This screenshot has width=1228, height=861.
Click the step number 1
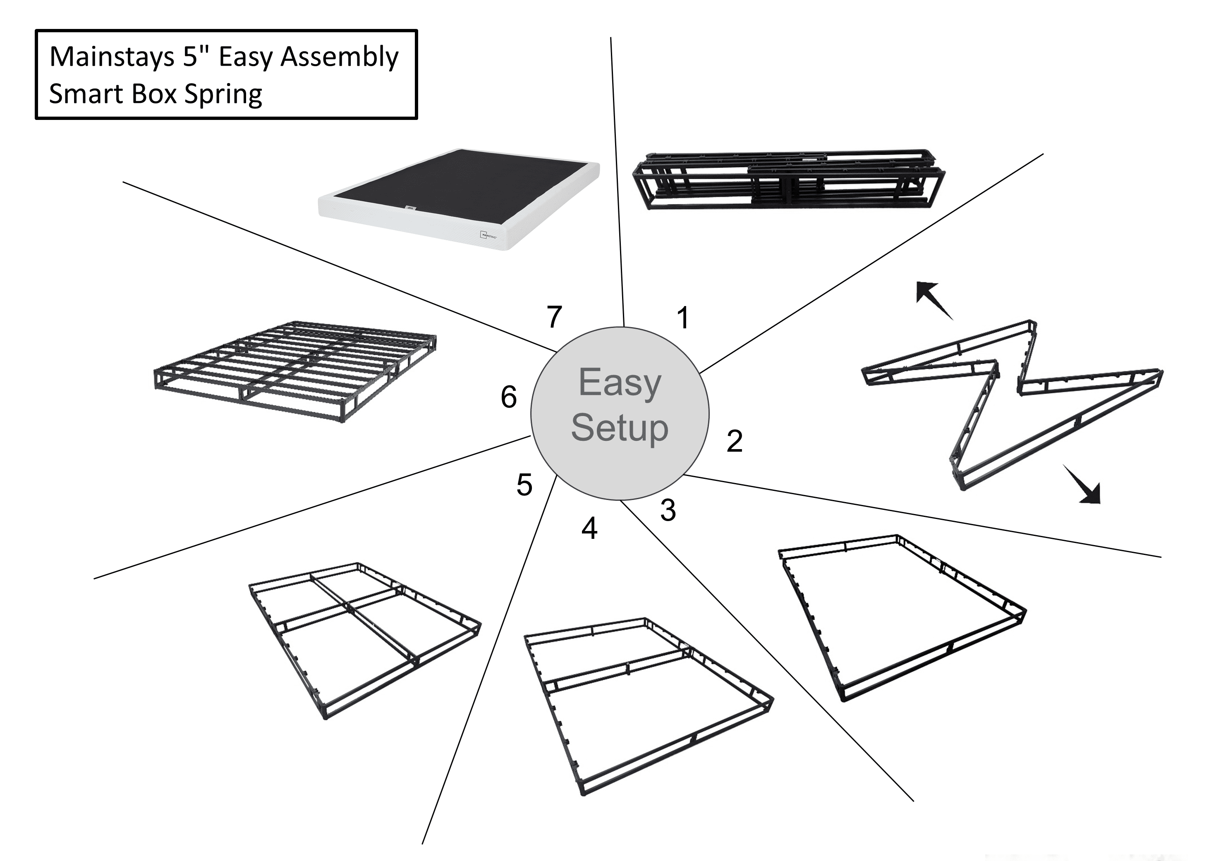pyautogui.click(x=682, y=318)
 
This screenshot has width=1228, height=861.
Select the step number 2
pyautogui.click(x=734, y=441)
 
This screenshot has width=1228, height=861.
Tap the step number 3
pyautogui.click(x=668, y=510)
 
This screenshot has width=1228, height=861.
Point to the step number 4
pyautogui.click(x=589, y=529)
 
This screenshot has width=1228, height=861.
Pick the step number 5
pyautogui.click(x=524, y=485)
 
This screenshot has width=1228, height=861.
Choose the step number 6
pyautogui.click(x=509, y=397)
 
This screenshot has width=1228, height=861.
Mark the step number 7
pyautogui.click(x=554, y=317)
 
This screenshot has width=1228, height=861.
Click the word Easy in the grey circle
pyautogui.click(x=620, y=383)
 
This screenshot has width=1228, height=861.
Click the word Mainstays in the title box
pyautogui.click(x=112, y=57)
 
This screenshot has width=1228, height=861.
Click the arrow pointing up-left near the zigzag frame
pyautogui.click(x=933, y=299)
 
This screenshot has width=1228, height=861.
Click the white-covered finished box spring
pyautogui.click(x=459, y=198)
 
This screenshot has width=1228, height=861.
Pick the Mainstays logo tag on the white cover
pyautogui.click(x=489, y=235)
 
